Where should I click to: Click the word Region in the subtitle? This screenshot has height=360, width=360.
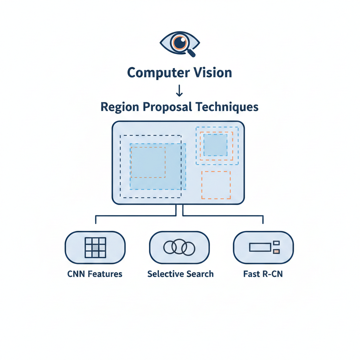tap(118, 107)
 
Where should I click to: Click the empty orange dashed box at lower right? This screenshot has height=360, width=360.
tap(216, 185)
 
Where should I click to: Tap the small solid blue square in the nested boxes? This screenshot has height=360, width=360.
tap(216, 145)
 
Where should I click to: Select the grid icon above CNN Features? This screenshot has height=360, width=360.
tap(95, 247)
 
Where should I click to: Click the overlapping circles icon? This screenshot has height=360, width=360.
tap(179, 247)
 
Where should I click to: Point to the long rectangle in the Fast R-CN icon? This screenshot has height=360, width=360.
tap(260, 247)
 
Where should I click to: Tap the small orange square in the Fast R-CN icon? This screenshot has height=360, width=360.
tap(276, 251)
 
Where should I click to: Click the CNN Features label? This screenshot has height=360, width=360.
tap(95, 274)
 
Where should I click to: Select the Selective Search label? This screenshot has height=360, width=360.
tap(180, 274)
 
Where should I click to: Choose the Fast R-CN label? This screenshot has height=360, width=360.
tap(263, 274)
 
